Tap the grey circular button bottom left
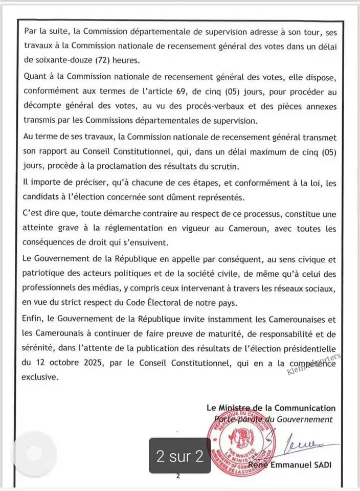[x=34, y=453]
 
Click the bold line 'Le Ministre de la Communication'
[x=271, y=408]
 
